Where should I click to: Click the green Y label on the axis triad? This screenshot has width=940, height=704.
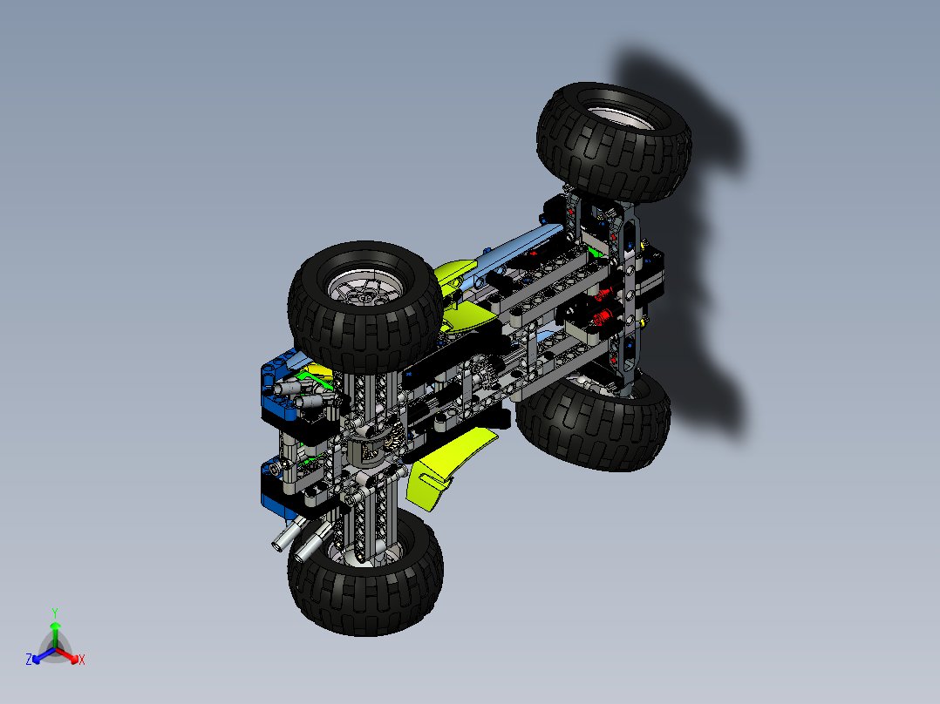(54, 612)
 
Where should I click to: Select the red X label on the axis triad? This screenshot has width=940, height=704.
(82, 660)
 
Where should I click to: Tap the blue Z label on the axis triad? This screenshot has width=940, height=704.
(29, 660)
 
